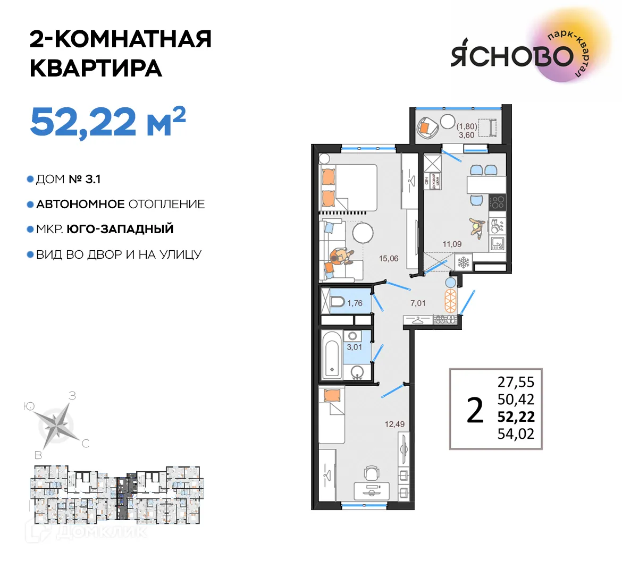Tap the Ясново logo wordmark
(511, 55)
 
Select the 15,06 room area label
(389, 259)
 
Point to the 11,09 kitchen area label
(452, 244)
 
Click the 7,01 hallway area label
(418, 303)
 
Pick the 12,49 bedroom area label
(395, 424)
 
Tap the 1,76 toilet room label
(355, 303)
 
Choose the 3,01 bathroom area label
(355, 347)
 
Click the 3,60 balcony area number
(466, 135)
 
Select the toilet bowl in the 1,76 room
(337, 303)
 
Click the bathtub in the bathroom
(332, 354)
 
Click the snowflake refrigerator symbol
(464, 262)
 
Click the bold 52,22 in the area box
(516, 417)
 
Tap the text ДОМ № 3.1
(68, 180)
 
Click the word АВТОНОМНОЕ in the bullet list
(80, 205)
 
